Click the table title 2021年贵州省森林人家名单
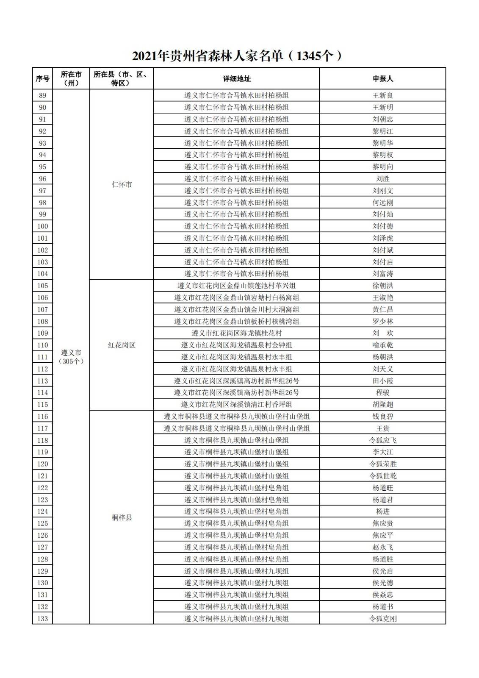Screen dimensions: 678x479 click(237, 56)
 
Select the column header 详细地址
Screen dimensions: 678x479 click(236, 79)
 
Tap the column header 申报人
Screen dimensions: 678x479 click(382, 79)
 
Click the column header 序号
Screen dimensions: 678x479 click(42, 79)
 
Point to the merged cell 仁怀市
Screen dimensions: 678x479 click(122, 185)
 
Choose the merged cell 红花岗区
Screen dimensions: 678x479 click(122, 345)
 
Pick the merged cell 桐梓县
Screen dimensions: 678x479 click(122, 517)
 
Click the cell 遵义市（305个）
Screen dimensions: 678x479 click(71, 357)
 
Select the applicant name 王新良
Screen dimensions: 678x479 click(382, 96)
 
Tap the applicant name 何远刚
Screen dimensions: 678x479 click(382, 203)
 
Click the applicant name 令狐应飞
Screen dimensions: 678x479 click(382, 440)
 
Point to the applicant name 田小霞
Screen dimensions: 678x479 click(382, 381)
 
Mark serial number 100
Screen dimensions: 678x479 click(42, 226)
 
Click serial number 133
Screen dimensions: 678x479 click(42, 619)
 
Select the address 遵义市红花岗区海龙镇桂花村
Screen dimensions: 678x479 click(236, 333)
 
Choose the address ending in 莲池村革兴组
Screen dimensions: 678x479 click(236, 286)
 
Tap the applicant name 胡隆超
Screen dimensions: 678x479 click(382, 405)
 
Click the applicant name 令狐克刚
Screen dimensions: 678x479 click(382, 619)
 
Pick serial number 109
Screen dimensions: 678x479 click(42, 333)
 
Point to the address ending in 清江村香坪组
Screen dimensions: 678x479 click(236, 405)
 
